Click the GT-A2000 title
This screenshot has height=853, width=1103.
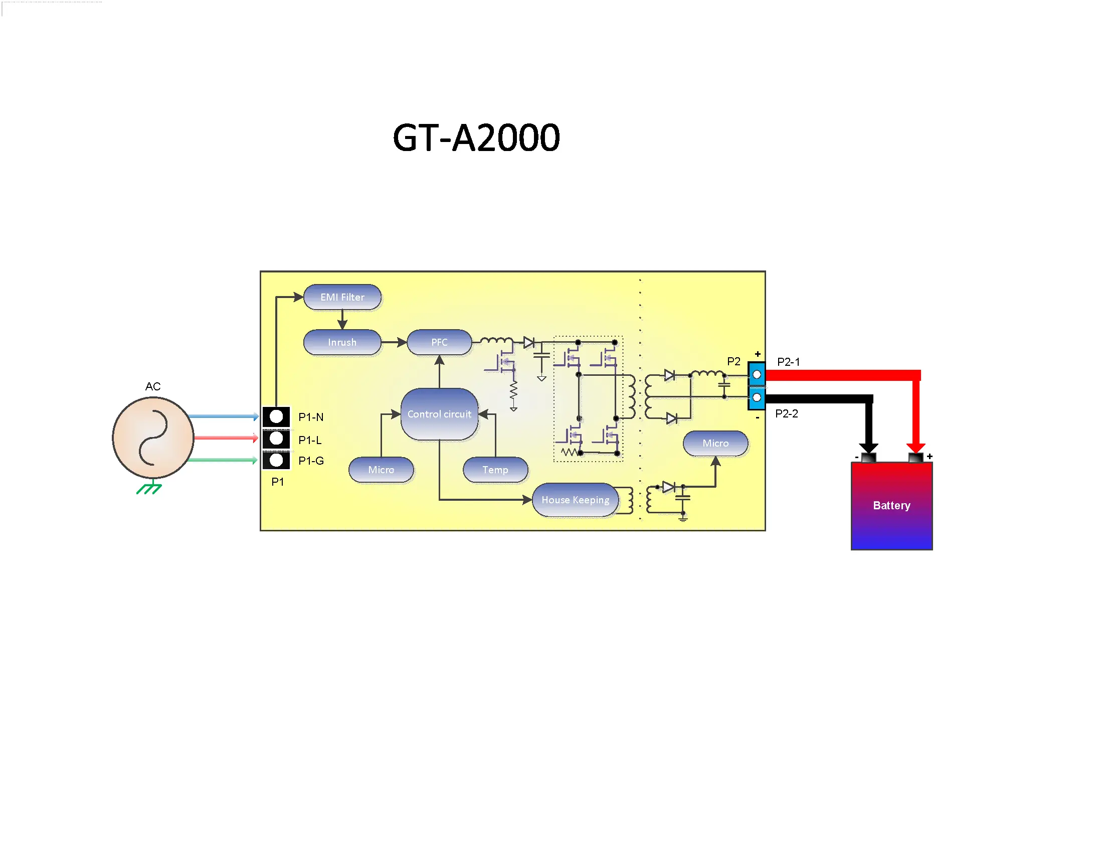coord(476,137)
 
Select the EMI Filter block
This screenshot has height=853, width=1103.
coord(342,297)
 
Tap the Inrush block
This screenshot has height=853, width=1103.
coord(342,342)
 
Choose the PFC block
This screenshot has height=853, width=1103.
coord(439,342)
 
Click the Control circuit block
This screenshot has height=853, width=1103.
coord(439,414)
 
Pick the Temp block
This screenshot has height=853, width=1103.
coord(495,470)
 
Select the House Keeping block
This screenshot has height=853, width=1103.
coord(575,500)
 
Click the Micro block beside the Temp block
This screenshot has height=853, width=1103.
coord(381,470)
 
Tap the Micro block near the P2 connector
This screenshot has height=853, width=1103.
coord(715,443)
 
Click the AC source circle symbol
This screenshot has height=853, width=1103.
coord(152,437)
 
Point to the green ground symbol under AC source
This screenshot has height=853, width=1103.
coord(149,488)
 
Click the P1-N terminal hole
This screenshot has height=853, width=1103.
coord(276,416)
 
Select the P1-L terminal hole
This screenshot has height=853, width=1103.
coord(276,438)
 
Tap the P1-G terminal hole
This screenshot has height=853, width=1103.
coord(276,460)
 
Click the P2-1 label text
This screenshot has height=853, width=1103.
coord(788,362)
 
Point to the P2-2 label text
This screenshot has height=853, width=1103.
coord(786,413)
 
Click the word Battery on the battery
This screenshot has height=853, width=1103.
coord(891,505)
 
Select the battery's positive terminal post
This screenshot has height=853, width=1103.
coord(915,457)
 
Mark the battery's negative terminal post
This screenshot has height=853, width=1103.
coord(868,458)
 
